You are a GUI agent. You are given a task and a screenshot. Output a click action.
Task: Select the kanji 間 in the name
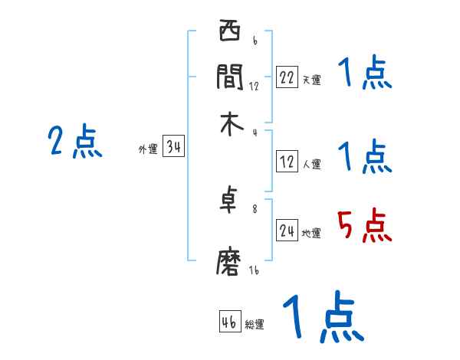pos(230,77)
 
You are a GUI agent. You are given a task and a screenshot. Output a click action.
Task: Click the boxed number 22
pos(287,77)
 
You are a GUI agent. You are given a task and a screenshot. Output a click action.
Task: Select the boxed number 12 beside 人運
pos(287,162)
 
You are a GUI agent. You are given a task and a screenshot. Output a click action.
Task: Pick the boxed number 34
pos(174,148)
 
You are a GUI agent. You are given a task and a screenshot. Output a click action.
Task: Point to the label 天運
pos(311,80)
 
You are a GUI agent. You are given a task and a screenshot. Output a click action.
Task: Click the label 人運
pos(311,164)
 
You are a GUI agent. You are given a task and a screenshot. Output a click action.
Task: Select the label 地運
pos(311,234)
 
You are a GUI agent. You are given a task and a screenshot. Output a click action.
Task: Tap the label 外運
pos(148,150)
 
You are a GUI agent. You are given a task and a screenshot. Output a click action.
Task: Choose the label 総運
pos(255,324)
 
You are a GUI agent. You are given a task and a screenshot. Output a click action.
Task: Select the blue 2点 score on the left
pos(75,142)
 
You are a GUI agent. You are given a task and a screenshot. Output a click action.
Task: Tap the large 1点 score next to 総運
pos(322,318)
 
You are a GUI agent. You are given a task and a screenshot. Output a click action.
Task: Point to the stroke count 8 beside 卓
pos(255,208)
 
